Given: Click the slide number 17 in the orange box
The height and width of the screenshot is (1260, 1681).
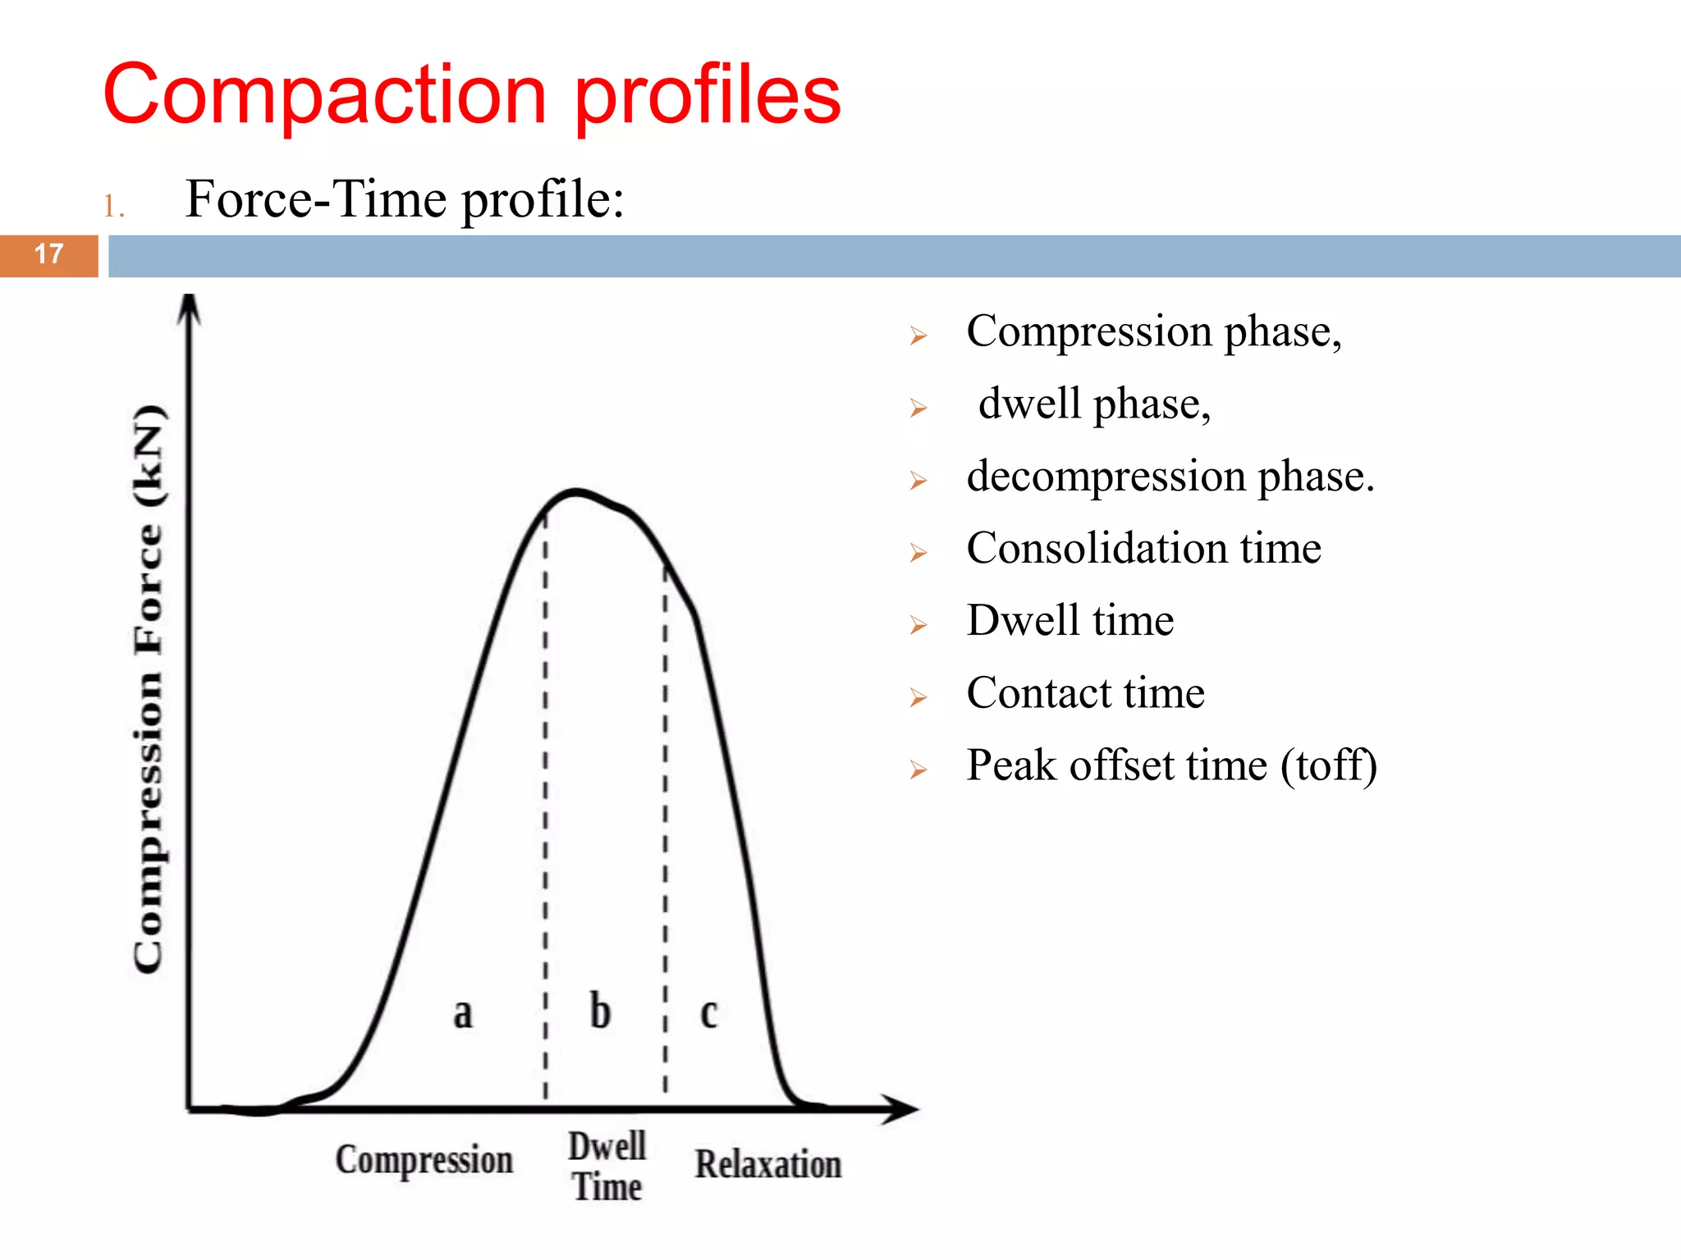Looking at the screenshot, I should click(49, 254).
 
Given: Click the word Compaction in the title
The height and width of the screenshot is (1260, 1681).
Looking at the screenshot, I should click(324, 96).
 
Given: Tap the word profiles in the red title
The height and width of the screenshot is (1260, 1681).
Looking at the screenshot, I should click(708, 96).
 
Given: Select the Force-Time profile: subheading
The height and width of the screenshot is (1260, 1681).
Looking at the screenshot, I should click(405, 199).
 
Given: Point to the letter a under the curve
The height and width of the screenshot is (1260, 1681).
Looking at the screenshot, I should click(463, 1013).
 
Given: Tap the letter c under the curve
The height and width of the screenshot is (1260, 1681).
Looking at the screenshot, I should click(709, 1014).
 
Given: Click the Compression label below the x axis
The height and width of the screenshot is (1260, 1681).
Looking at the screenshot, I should click(424, 1161).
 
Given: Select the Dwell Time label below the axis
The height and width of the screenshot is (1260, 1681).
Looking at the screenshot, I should click(607, 1166).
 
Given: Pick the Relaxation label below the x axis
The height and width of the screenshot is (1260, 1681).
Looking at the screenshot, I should click(768, 1165).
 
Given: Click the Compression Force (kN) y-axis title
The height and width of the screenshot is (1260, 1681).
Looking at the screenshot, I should click(149, 689).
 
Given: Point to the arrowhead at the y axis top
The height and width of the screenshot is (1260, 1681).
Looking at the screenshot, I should click(190, 308).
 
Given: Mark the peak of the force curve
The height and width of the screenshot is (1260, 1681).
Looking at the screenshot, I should click(576, 492).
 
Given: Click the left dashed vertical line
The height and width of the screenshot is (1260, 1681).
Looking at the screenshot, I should click(546, 804).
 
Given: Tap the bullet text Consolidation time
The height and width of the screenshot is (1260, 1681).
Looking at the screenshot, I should click(1143, 548).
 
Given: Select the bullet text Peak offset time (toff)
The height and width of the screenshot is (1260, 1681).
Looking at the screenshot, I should click(1171, 765).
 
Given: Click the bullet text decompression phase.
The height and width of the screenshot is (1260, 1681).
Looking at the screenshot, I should click(1170, 476).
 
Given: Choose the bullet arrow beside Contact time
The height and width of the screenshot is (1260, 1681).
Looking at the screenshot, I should click(918, 698).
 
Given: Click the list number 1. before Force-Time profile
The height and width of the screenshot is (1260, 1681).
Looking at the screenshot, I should click(113, 207).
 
